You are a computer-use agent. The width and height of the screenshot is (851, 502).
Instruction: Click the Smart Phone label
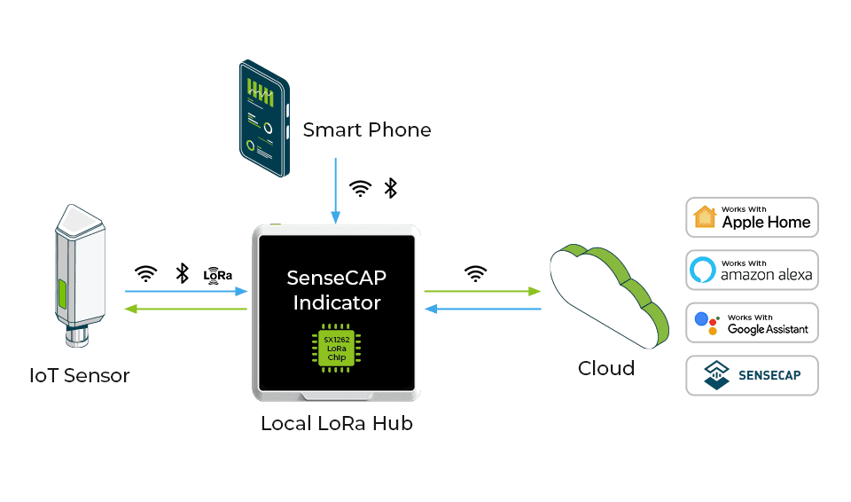(x=367, y=130)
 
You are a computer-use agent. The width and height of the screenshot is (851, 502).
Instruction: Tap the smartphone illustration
(x=264, y=118)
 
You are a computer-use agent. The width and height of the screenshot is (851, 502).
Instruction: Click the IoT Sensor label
(x=80, y=375)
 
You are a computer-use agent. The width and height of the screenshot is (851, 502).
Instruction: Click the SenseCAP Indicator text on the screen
(x=336, y=290)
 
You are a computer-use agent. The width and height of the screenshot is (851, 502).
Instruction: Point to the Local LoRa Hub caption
(x=336, y=424)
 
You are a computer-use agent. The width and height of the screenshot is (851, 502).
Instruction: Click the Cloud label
(x=606, y=368)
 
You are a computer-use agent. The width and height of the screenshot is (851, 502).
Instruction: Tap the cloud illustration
(x=607, y=297)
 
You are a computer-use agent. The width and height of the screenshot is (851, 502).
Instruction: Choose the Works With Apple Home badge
(x=752, y=217)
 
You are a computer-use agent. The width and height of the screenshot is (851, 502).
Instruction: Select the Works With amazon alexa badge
(x=752, y=270)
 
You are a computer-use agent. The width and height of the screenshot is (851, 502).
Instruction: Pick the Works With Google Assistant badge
(x=752, y=323)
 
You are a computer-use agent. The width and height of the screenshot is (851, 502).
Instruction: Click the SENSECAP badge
(x=752, y=375)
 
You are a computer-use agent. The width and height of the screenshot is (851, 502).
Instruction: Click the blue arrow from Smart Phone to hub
(x=336, y=191)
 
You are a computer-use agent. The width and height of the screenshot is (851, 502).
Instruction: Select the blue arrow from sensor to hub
(x=185, y=291)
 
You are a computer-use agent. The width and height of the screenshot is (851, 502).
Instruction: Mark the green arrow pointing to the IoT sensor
(x=185, y=309)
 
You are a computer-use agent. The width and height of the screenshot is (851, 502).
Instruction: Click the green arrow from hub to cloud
(x=482, y=291)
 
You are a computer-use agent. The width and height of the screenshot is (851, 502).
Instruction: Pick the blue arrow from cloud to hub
(x=482, y=309)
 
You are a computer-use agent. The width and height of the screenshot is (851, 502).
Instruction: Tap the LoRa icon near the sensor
(x=217, y=274)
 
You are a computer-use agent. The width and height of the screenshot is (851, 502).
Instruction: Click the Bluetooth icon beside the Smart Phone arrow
(x=390, y=188)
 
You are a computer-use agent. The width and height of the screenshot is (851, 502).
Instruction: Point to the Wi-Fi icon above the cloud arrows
(x=476, y=273)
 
